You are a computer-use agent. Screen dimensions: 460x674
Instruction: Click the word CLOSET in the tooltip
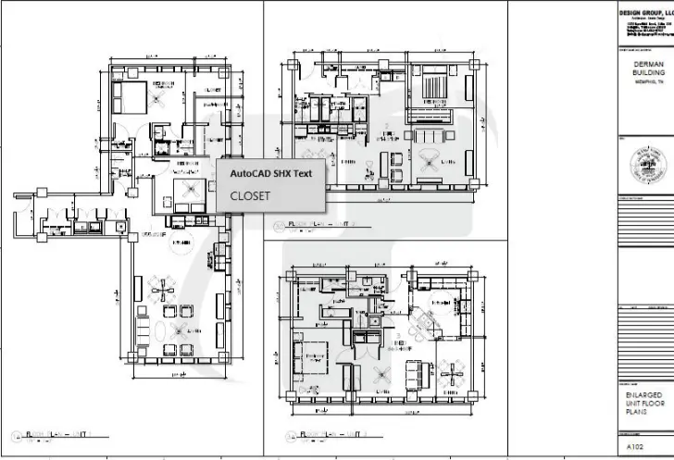[251, 196]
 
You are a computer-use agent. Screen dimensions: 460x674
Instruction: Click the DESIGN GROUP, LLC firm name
[646, 10]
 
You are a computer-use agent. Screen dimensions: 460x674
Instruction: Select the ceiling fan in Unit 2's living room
[431, 157]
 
